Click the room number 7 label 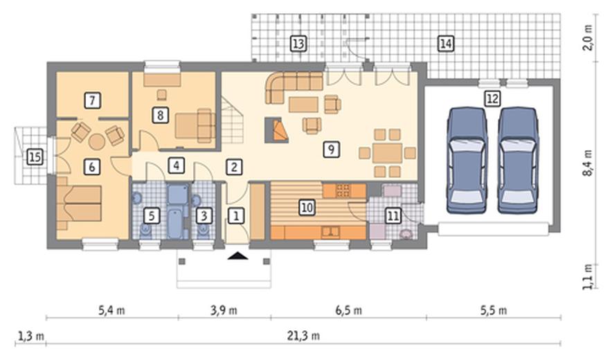(92, 100)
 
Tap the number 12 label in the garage (492, 98)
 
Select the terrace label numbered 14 (446, 44)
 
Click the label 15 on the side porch (35, 157)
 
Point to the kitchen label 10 (307, 207)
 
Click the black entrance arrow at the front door (237, 255)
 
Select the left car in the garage (467, 160)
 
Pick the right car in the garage (519, 160)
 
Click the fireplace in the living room (277, 129)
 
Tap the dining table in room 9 (387, 153)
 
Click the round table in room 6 (96, 142)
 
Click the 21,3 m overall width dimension (303, 335)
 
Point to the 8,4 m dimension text (588, 163)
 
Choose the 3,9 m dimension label (224, 310)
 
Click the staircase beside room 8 (233, 120)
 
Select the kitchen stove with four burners (343, 190)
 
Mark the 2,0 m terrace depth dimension (588, 37)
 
